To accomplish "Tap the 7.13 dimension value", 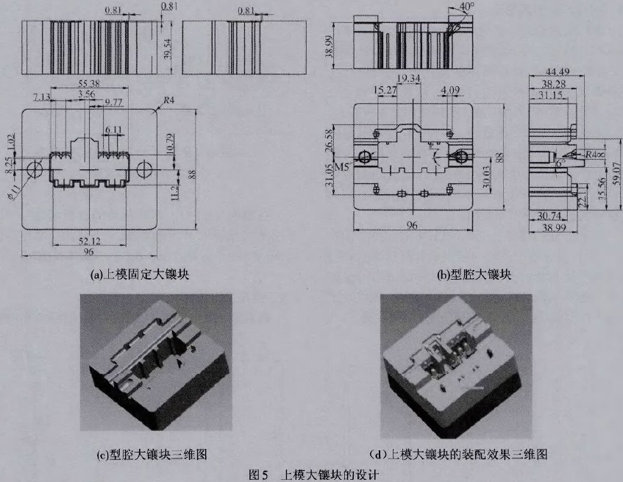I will tap(42, 96).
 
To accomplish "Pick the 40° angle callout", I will tap(466, 9).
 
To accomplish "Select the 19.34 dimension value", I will tap(407, 77).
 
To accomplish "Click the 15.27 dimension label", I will tap(385, 91).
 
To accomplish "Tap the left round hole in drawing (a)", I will tap(34, 169).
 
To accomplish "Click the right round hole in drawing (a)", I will tap(144, 169).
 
